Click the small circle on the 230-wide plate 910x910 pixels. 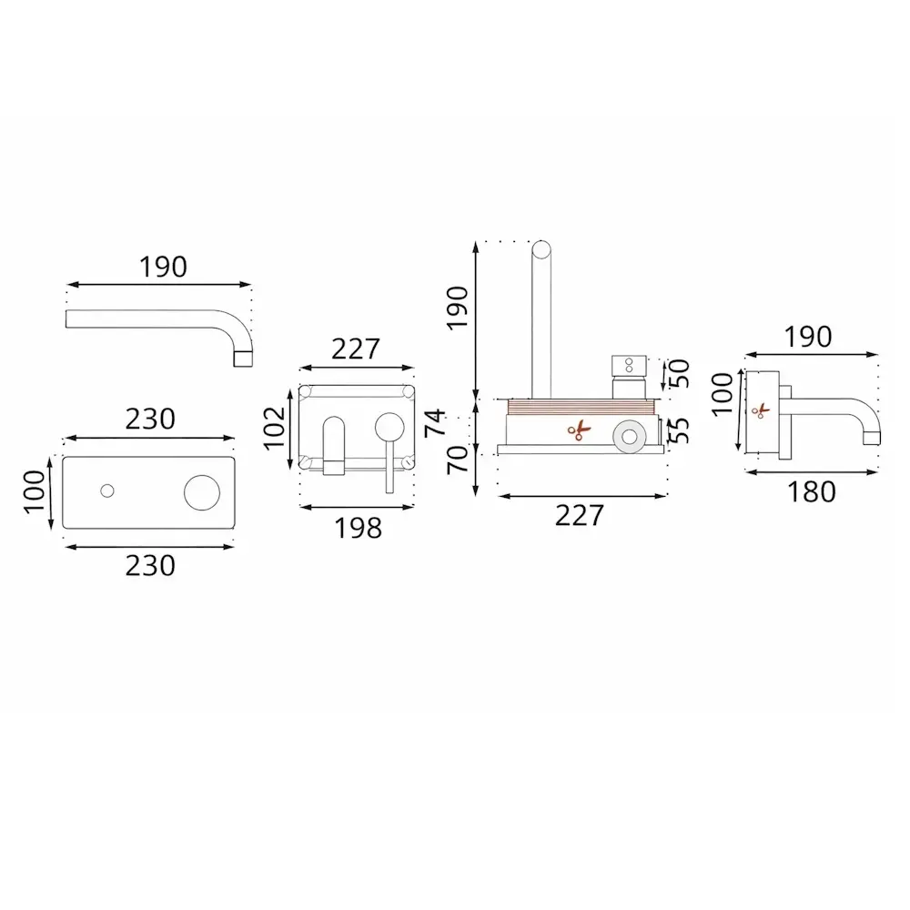[106, 491]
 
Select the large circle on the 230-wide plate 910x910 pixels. [202, 492]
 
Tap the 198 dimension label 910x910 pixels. [358, 528]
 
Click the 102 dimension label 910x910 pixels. [275, 429]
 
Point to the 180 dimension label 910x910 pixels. [812, 491]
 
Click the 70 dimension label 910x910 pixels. [458, 460]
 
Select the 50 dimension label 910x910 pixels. [679, 374]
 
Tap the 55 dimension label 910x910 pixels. [679, 431]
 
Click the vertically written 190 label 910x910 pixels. [458, 308]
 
